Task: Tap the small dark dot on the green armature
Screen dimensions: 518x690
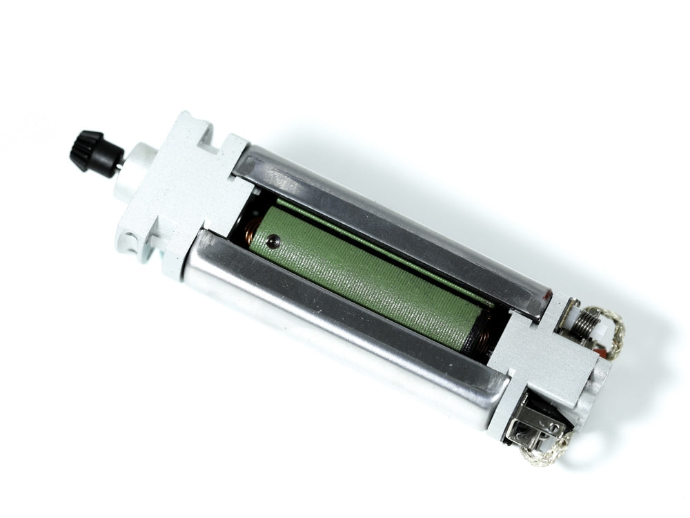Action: [x=273, y=241]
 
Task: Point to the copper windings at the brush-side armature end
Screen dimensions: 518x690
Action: [x=483, y=338]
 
